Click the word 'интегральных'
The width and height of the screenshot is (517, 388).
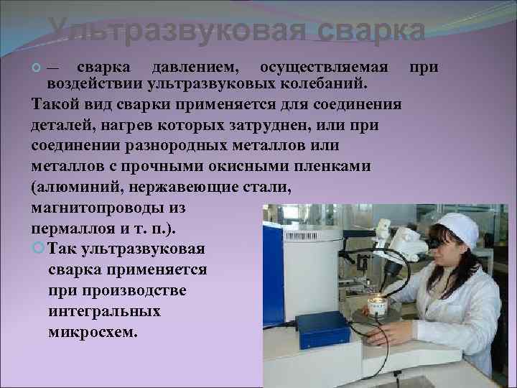105,312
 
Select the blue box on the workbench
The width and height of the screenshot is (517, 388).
323,329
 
